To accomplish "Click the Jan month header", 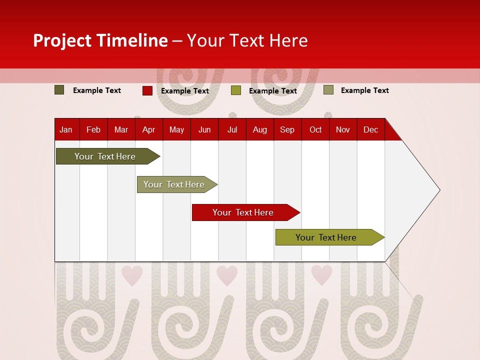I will click(66, 129).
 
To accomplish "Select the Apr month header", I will click(148, 129).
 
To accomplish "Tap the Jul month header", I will click(232, 129).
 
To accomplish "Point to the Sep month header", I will click(287, 129).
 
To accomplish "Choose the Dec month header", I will click(370, 129).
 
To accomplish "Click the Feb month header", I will click(93, 129).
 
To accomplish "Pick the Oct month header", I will click(315, 129).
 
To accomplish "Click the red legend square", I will click(147, 90).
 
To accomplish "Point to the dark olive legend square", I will click(59, 90).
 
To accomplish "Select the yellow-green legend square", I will click(236, 90).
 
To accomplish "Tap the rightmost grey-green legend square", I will click(328, 90).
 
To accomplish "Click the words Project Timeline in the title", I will click(100, 40).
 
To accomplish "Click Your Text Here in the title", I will click(247, 40).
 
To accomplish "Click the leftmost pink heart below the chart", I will click(132, 275).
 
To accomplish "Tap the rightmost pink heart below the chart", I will click(321, 275).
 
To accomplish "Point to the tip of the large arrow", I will click(439, 190).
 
